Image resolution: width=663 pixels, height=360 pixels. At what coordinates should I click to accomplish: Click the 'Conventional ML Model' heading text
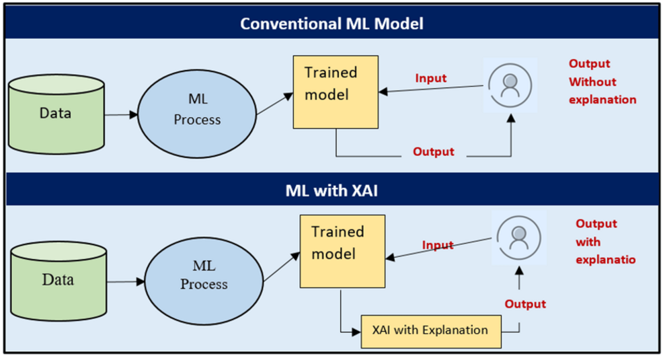[x=331, y=24]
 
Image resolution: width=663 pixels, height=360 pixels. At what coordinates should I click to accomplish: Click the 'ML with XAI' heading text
[x=331, y=192]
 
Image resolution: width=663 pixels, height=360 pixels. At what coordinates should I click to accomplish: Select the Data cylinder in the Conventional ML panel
[x=57, y=114]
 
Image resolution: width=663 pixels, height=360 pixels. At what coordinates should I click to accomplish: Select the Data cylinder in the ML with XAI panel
[x=58, y=279]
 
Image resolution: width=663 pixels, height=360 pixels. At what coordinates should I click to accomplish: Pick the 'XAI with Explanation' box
[x=431, y=330]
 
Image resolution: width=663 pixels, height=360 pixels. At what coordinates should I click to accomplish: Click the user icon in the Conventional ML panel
[x=510, y=85]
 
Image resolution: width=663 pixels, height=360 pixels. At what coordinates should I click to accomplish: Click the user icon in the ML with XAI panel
[x=517, y=238]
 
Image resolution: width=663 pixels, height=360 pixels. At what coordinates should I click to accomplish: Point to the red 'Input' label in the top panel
[x=430, y=78]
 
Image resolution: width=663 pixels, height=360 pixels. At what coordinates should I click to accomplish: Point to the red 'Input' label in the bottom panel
[x=438, y=245]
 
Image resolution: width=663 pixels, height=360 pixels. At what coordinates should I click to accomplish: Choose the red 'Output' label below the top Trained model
[x=434, y=152]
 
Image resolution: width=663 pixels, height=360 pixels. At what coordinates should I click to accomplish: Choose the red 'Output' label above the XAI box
[x=525, y=304]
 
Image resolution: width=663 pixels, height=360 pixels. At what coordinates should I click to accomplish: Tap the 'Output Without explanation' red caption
[x=602, y=81]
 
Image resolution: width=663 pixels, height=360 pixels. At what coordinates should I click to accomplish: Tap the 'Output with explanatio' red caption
[x=605, y=242]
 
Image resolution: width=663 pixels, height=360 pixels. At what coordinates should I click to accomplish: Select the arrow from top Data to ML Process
[x=122, y=114]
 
